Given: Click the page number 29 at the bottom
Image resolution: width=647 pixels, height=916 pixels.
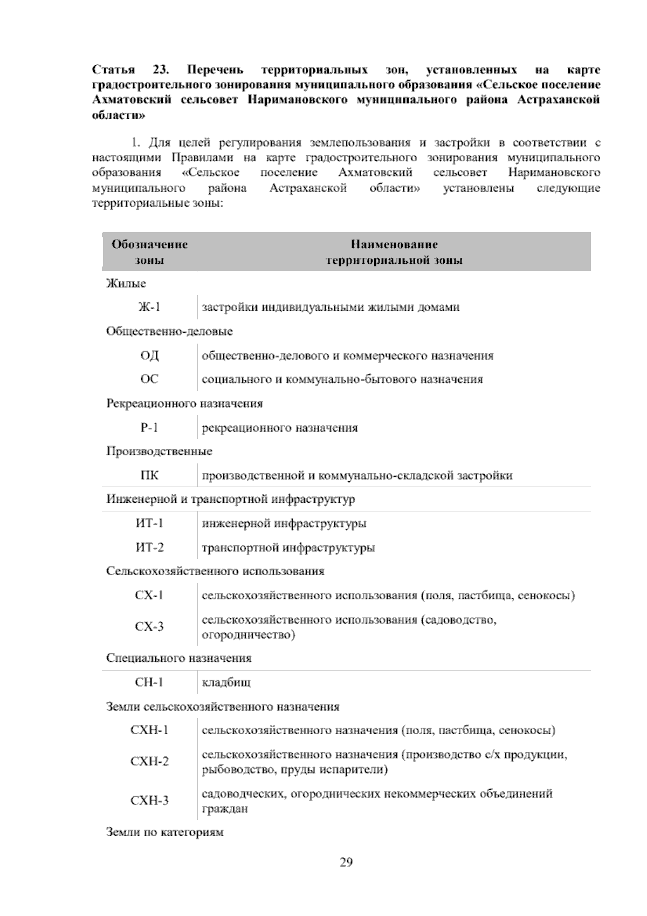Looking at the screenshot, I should point(346,862).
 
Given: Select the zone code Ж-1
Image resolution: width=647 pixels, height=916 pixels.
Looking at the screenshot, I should point(149,307).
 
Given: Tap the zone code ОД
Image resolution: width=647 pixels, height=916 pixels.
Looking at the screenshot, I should point(149,356).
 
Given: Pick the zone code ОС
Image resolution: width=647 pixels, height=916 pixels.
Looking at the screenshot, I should point(149,379).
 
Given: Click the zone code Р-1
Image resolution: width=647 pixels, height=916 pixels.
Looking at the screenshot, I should point(149,428).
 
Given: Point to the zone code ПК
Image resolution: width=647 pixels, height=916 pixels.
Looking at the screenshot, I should point(149,475).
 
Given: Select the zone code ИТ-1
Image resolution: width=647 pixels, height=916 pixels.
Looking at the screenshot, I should point(149,523).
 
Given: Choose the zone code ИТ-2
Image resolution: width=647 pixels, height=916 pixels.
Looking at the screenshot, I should point(149,548).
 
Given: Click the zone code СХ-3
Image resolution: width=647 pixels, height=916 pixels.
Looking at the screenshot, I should point(149,627).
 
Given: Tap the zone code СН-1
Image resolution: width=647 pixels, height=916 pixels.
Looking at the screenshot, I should point(149,682).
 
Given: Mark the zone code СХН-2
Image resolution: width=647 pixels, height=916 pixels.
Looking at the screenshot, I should point(149,762).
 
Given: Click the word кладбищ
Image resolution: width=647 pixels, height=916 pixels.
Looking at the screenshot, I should point(226,683).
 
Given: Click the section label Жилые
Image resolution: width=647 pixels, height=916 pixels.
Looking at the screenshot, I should point(126,283).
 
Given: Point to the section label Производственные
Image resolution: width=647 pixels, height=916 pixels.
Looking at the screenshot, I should point(159,451).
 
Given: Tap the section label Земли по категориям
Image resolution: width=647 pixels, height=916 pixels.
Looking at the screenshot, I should point(164,832).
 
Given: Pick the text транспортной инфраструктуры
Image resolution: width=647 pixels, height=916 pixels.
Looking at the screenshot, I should point(288,548).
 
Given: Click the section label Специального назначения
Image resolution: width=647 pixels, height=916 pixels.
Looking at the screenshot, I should point(178,658).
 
